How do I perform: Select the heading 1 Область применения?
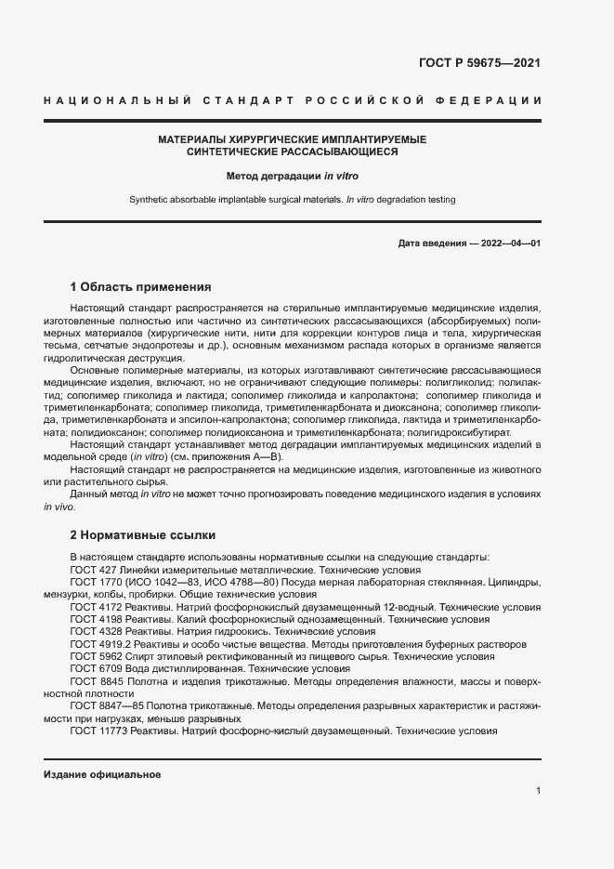(141, 286)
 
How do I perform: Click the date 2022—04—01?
(507, 244)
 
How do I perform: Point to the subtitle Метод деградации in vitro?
(292, 175)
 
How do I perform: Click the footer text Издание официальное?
(102, 774)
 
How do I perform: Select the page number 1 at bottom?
(538, 791)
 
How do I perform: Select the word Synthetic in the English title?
(149, 200)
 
